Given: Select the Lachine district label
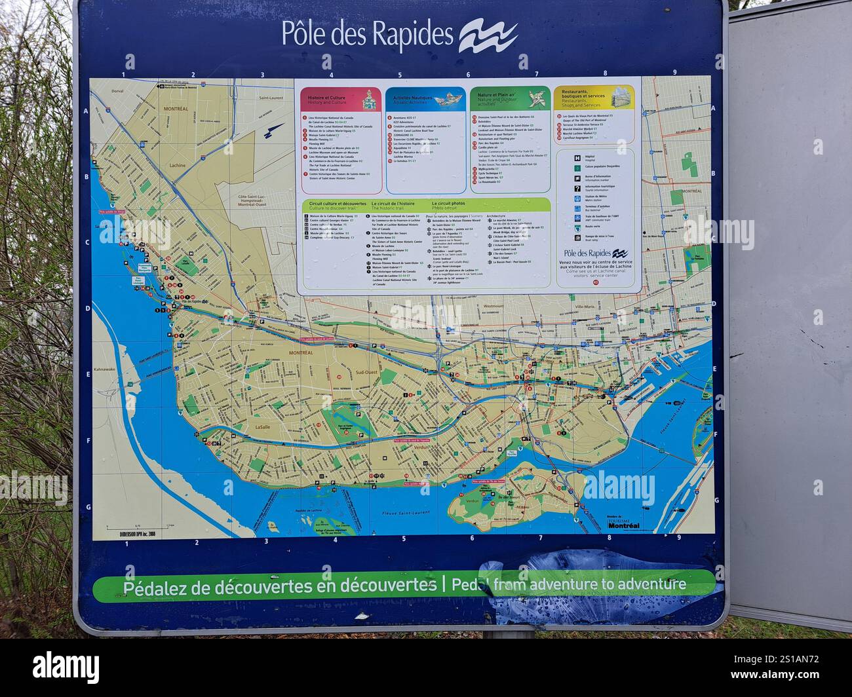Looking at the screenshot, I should coord(178,165).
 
